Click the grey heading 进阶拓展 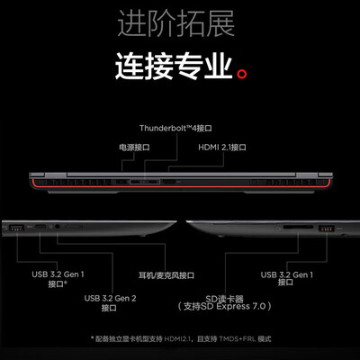176,23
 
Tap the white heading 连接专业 174,66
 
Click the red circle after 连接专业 242,74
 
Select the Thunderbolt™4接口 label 175,129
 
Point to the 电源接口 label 134,148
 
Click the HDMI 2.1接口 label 222,148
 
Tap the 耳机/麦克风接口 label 166,275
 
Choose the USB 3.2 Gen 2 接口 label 110,303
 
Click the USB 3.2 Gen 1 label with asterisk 58,279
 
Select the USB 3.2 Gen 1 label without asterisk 287,279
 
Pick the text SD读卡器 224,299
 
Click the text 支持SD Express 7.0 224,306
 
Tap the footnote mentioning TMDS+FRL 181,339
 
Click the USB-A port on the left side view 17,228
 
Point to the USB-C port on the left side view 40,227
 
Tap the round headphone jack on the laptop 58,227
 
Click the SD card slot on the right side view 298,227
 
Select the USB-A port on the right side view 327,228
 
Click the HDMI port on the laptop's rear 170,182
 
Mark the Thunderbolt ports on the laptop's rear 145,182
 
